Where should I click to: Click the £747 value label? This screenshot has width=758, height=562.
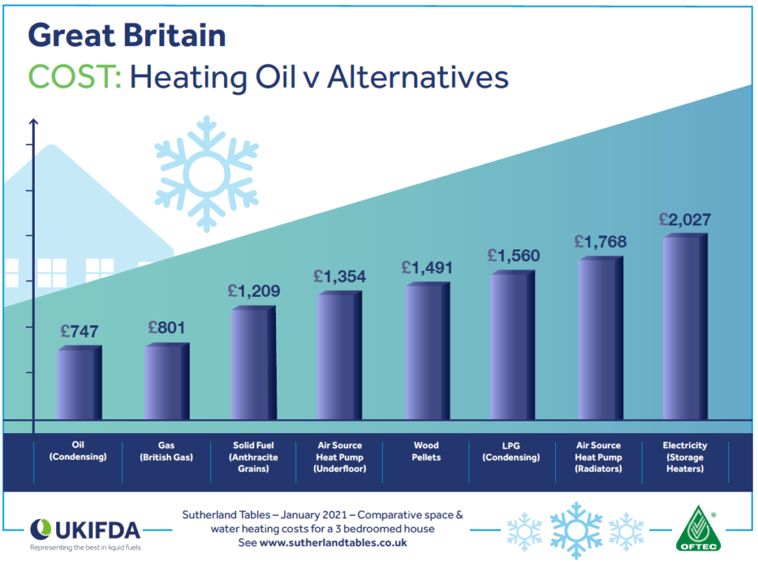coord(79,332)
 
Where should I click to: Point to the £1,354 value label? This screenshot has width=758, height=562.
coord(340,277)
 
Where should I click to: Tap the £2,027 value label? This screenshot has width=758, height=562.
coord(685,219)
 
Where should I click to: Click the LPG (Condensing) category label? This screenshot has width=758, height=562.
coord(512,452)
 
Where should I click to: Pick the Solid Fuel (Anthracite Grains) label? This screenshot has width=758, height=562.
coord(253,457)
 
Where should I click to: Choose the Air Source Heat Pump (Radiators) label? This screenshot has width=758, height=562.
coord(599,457)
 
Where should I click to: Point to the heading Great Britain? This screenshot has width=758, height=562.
coord(127,35)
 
